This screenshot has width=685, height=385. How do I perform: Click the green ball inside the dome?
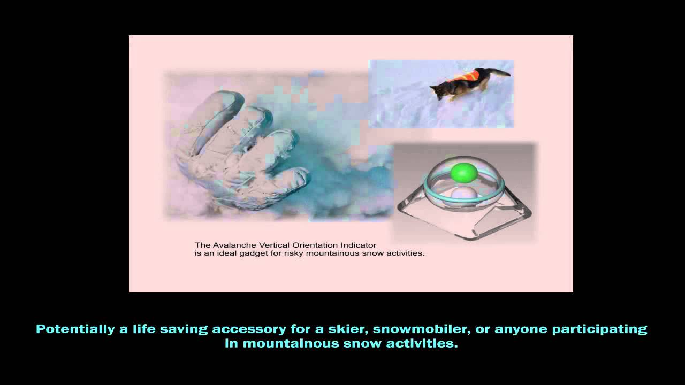coord(463,172)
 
